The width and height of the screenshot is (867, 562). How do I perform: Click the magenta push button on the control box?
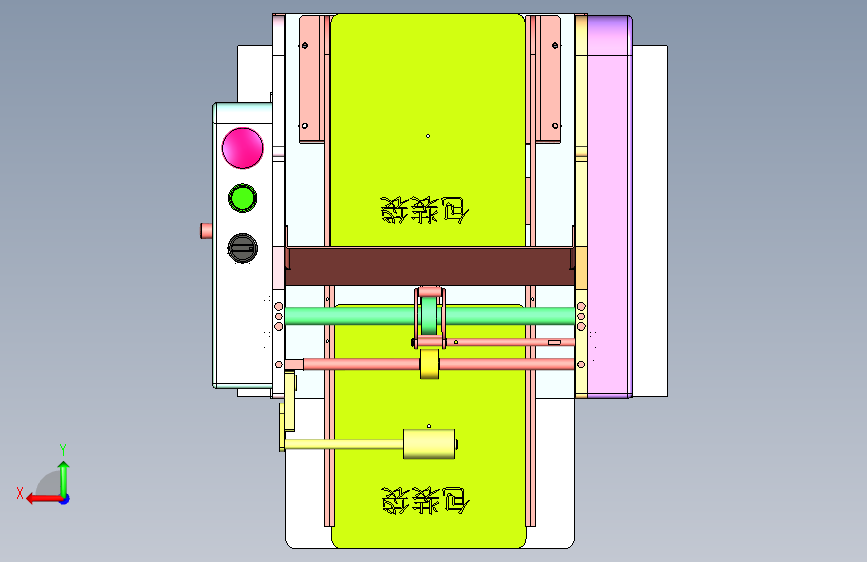[x=242, y=147]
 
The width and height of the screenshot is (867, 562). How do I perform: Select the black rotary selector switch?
[x=242, y=246]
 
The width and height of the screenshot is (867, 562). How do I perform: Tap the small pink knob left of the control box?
[x=206, y=231]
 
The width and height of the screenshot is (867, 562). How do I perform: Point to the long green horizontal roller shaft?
[x=350, y=317]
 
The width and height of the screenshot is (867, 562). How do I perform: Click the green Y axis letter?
[x=63, y=449]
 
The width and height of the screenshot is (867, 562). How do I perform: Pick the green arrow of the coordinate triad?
[x=63, y=476]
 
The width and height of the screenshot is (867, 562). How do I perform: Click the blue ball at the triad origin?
[x=63, y=498]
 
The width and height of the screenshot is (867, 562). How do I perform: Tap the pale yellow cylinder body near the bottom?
[x=429, y=444]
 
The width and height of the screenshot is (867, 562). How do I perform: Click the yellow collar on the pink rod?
[x=430, y=364]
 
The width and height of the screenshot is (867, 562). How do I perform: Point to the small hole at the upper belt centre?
[x=428, y=136]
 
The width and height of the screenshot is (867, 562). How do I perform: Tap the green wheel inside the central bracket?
[x=430, y=318]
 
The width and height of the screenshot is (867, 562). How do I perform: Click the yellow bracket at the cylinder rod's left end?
[x=289, y=412]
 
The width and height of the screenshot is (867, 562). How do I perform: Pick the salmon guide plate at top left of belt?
[x=313, y=78]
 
